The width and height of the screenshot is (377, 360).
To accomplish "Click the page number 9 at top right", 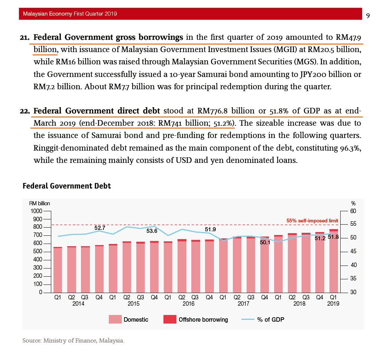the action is pyautogui.click(x=368, y=16).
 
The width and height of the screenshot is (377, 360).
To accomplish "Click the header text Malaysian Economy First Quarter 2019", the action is pyautogui.click(x=70, y=14).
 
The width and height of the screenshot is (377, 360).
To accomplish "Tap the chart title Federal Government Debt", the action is pyautogui.click(x=66, y=186).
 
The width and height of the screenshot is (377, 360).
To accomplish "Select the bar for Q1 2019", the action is pyautogui.click(x=334, y=261).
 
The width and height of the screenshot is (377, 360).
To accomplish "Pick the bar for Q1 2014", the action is pyautogui.click(x=58, y=270).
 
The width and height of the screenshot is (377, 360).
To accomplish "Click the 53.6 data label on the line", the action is pyautogui.click(x=152, y=231).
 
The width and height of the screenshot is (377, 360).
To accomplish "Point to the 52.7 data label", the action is pyautogui.click(x=100, y=228).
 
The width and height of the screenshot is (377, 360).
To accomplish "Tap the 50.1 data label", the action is pyautogui.click(x=265, y=242).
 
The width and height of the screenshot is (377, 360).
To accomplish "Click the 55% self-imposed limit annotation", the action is pyautogui.click(x=312, y=221).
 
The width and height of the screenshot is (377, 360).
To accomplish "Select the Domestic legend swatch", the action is pyautogui.click(x=115, y=319).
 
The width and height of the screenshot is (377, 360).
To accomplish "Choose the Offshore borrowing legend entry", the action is pyautogui.click(x=195, y=319).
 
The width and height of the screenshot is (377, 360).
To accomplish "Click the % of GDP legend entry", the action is pyautogui.click(x=263, y=319).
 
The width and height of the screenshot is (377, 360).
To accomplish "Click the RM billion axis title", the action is pyautogui.click(x=40, y=203).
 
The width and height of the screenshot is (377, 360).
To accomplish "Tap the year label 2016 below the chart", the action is pyautogui.click(x=189, y=303).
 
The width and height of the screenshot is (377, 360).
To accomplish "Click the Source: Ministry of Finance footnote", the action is pyautogui.click(x=73, y=341).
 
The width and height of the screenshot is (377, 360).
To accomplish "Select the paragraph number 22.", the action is pyautogui.click(x=25, y=111).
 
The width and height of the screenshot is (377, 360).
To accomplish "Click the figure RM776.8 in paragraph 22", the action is pyautogui.click(x=212, y=111).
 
